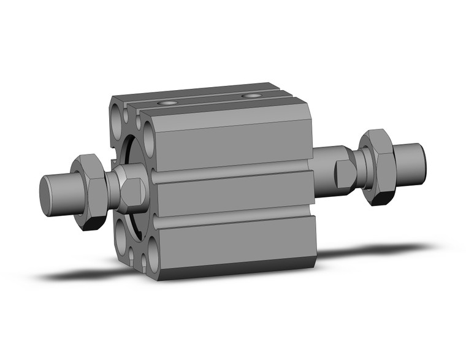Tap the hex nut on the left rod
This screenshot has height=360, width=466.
coord(88,191)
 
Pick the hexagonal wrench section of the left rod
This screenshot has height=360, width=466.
coord(132,191)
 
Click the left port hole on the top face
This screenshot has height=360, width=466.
coord(166,103)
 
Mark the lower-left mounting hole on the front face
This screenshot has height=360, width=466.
coord(121,231)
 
